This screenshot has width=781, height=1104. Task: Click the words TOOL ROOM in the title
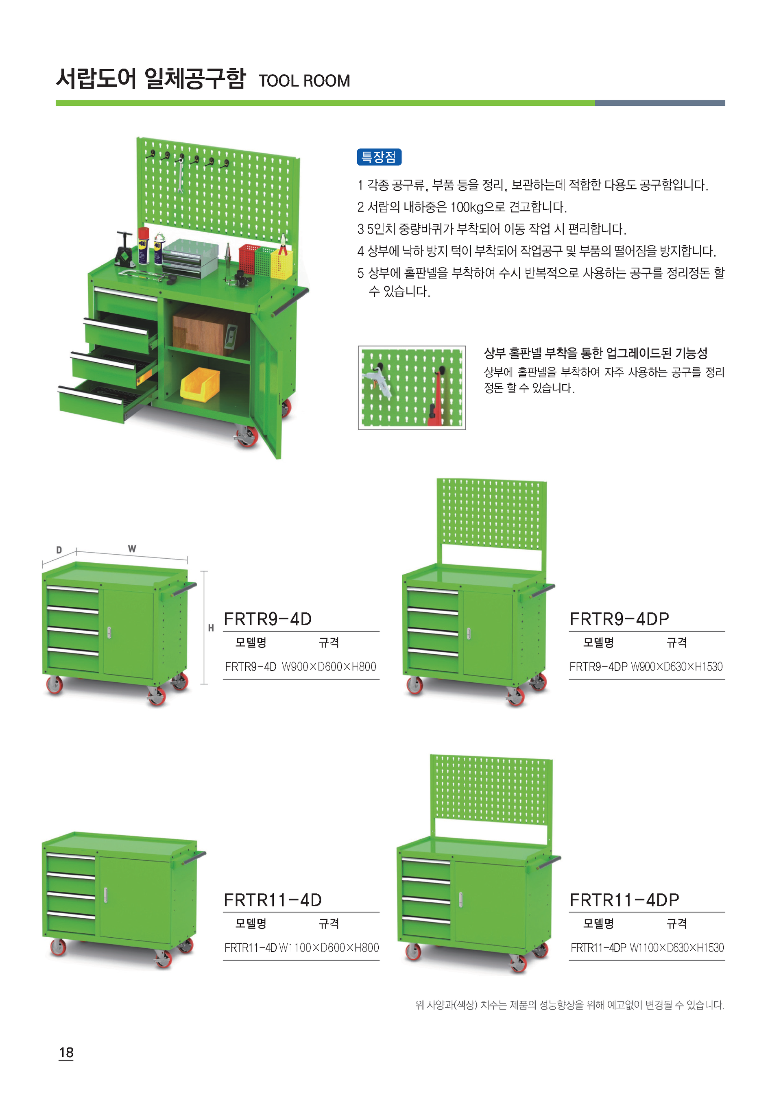coord(304,81)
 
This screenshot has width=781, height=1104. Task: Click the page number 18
coord(66,1052)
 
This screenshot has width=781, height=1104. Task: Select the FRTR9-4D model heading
coord(268,619)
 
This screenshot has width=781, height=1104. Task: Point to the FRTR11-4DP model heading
coord(624,899)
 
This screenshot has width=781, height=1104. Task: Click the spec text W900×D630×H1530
coord(676,666)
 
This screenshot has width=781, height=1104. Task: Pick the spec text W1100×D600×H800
coord(329,947)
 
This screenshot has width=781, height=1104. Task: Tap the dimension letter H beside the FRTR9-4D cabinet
coord(211,627)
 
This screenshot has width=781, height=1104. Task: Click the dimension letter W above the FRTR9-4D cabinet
coord(132,549)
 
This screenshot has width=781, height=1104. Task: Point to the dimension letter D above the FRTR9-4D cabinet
coord(59,550)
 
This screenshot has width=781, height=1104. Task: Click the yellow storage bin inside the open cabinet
coord(200,383)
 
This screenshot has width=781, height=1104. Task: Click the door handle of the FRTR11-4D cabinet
coord(106,895)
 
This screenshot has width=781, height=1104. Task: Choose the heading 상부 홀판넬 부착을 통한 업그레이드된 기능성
coord(596,353)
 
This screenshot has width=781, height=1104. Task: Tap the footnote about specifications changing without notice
coord(570,1004)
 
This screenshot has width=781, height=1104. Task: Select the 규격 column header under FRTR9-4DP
coord(676,642)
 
